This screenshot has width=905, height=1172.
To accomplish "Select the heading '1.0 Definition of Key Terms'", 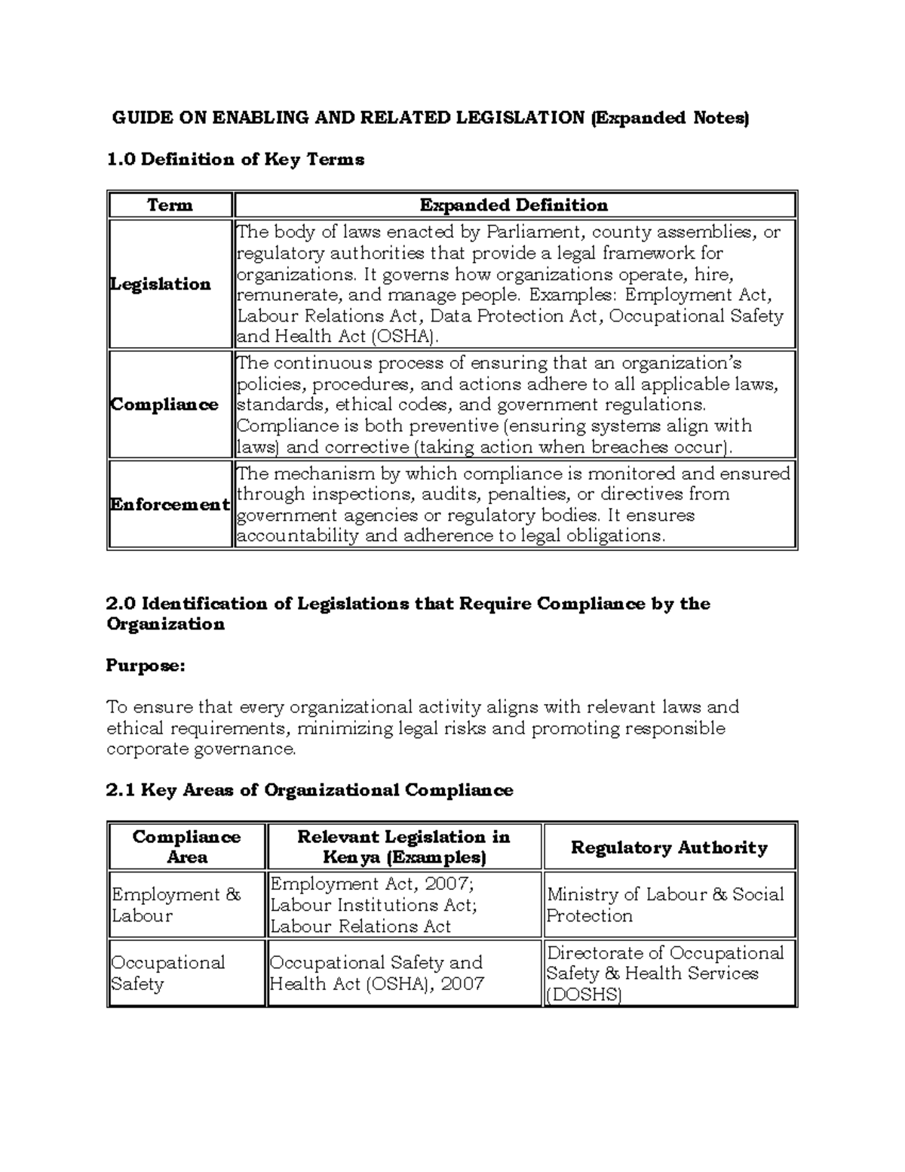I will pyautogui.click(x=235, y=159).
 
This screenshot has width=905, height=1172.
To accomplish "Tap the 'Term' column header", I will pyautogui.click(x=170, y=205).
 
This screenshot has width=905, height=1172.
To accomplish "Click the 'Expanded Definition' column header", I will pyautogui.click(x=514, y=205).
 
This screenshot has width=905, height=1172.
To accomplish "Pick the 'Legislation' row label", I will pyautogui.click(x=161, y=284).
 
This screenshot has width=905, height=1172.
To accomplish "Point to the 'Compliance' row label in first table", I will pyautogui.click(x=164, y=405).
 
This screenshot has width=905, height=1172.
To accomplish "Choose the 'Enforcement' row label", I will pyautogui.click(x=170, y=504).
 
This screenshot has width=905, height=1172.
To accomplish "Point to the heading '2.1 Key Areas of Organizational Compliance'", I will pyautogui.click(x=309, y=790).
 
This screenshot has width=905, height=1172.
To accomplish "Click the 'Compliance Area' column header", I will pyautogui.click(x=186, y=847).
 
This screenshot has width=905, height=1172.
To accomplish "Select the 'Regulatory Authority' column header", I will pyautogui.click(x=668, y=847).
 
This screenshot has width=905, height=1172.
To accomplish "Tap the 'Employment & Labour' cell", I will pyautogui.click(x=176, y=905).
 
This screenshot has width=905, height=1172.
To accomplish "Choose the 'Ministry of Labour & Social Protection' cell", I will pyautogui.click(x=664, y=905).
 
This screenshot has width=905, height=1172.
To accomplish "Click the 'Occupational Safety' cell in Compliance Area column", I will pyautogui.click(x=168, y=973).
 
